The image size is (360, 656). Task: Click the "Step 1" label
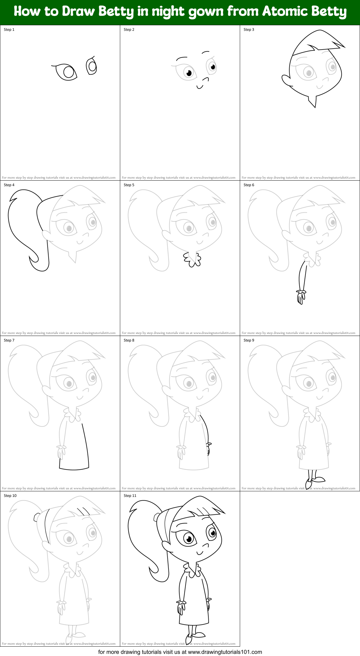pos(9,30)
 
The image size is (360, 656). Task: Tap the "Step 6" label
pos(249,185)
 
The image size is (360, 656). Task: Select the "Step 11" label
pos(130,496)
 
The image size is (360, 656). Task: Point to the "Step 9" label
pos(249,340)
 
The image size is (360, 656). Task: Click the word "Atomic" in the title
pos(281,12)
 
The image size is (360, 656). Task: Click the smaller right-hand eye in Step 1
pos(92,66)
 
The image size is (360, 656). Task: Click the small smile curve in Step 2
pos(200,87)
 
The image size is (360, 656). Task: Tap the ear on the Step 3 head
pos(287,80)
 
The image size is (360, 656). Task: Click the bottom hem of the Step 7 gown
pos(74,469)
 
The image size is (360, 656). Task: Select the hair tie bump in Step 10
pos(37,517)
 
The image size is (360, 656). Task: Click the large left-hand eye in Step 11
pos(189,539)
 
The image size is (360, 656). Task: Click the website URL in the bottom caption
pos(225,652)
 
